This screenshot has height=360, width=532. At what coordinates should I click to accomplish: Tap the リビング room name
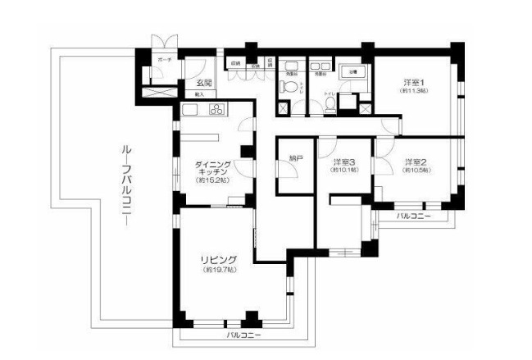coord(219,259)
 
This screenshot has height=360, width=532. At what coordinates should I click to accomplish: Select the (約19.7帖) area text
coord(219,269)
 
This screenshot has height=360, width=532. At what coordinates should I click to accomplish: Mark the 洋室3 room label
coord(344,162)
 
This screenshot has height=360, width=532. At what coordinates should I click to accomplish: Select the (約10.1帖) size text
coord(344,171)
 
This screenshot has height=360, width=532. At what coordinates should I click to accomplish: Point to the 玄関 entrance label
coord(204,82)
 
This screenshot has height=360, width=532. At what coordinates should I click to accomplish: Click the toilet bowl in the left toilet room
coord(289,86)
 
